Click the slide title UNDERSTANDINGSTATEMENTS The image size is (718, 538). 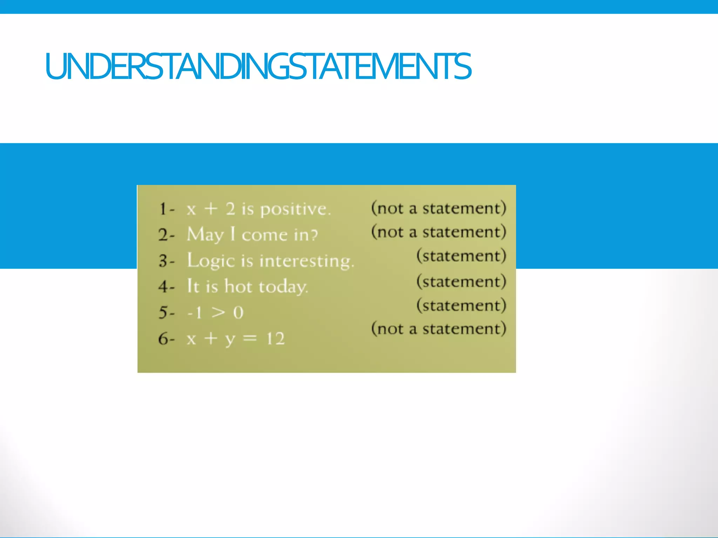[258, 66]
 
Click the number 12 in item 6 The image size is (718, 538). [276, 339]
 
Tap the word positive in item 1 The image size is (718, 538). [295, 209]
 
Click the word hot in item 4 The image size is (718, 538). [238, 287]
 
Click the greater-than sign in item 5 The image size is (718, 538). [218, 312]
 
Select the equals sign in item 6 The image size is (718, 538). [250, 338]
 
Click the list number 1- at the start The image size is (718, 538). [167, 209]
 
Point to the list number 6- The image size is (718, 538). [166, 339]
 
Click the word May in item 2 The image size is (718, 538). [205, 235]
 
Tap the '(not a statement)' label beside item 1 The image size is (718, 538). [439, 208]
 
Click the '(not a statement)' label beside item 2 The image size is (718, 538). [439, 232]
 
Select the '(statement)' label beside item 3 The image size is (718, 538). [461, 256]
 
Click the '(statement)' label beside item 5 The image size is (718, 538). [461, 305]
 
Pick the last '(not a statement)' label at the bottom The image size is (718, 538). [439, 329]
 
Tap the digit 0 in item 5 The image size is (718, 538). [238, 312]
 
